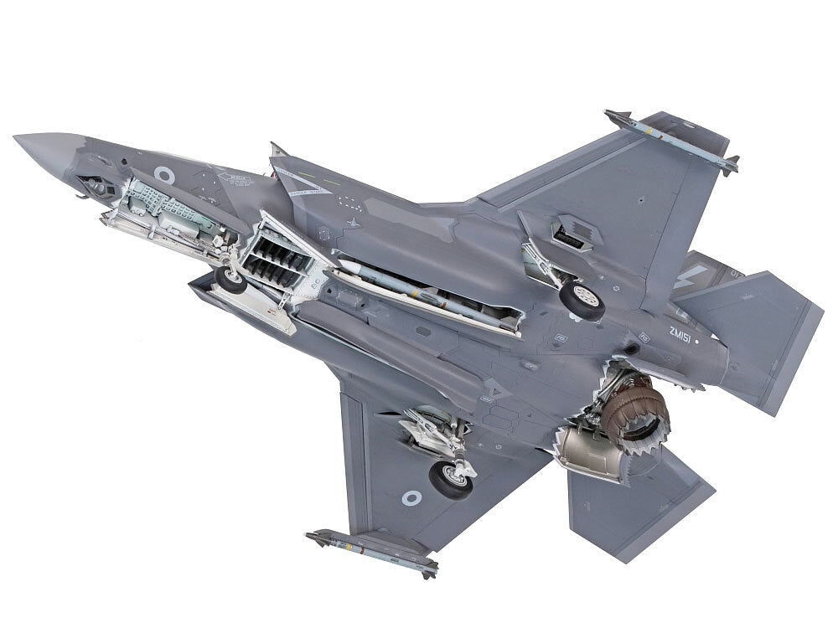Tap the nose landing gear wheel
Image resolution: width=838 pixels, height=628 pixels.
[230, 279]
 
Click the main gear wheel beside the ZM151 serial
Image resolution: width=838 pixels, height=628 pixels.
[582, 300]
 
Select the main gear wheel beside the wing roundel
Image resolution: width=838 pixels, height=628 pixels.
[450, 478]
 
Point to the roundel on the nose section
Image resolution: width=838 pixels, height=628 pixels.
[165, 175]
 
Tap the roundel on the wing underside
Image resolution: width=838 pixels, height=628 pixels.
[411, 498]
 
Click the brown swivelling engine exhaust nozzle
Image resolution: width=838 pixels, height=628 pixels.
[642, 414]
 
